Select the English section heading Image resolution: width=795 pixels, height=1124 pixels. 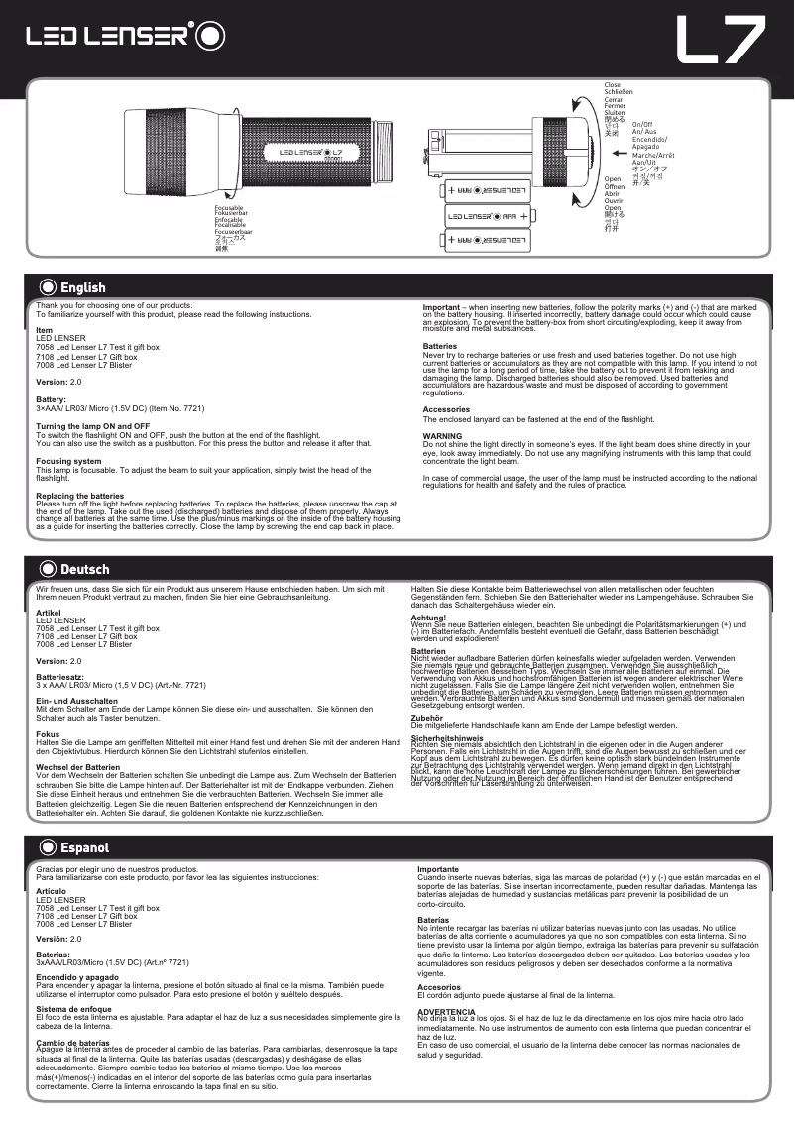coord(82,287)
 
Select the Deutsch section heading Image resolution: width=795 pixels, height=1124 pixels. coord(84,569)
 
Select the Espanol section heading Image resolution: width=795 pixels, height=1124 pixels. coord(84,848)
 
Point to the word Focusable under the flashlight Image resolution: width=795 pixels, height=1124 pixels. coord(229,208)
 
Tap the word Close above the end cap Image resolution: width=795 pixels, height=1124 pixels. coord(612,85)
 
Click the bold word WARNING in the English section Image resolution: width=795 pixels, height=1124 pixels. coord(442,435)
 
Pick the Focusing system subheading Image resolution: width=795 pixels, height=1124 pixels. coord(68,461)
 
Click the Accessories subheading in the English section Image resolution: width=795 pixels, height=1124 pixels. coord(446,409)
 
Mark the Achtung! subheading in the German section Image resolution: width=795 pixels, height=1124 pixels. coord(430,617)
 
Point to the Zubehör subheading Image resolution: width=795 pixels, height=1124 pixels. coord(427,717)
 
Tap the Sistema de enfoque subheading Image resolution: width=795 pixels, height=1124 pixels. coord(77,1009)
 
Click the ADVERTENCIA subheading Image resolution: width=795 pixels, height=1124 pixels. coord(447,1010)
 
